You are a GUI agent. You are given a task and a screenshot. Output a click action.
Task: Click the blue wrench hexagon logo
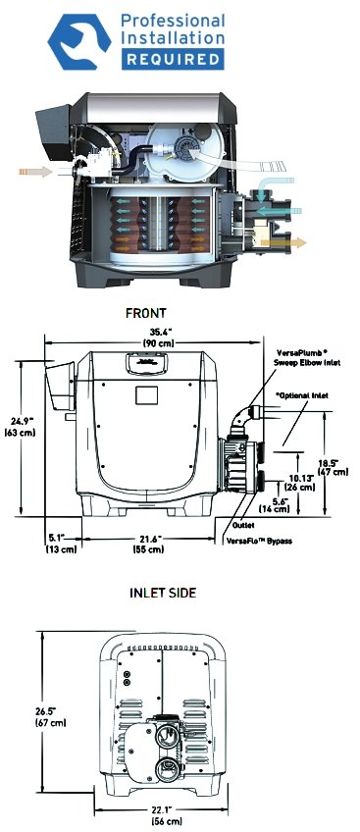[79, 42]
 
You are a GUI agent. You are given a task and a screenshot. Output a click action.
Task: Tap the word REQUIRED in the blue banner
[174, 59]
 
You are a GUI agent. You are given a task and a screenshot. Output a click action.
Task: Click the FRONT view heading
[146, 313]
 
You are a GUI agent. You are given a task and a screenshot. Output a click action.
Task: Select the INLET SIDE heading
[163, 593]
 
